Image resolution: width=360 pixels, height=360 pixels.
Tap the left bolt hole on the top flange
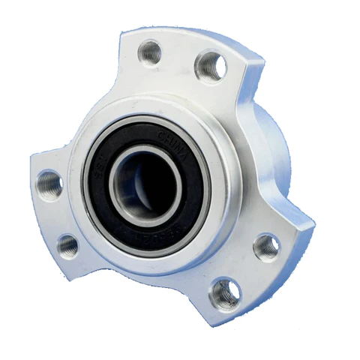pos(151,52)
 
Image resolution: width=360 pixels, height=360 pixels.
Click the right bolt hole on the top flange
pos(209,67)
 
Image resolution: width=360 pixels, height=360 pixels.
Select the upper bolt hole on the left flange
pos(50,181)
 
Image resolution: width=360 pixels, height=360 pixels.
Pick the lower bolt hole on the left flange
pos(67,244)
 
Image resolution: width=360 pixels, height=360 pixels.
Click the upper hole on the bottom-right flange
pos(265,246)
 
